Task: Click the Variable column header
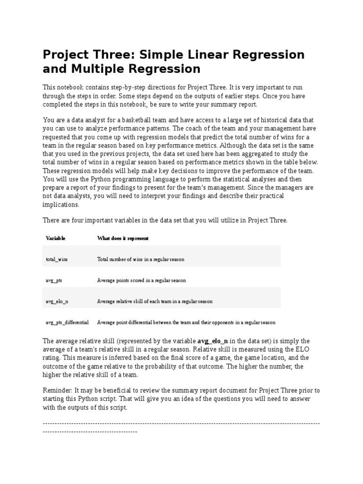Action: (55, 238)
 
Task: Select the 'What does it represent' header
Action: (123, 238)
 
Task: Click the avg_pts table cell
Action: (53, 280)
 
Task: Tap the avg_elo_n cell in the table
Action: (57, 301)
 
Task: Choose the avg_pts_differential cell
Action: (67, 322)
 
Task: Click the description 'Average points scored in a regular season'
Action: (141, 280)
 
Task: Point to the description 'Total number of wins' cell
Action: (140, 259)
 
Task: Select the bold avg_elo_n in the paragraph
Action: (213, 341)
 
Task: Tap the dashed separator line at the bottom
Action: (181, 424)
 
